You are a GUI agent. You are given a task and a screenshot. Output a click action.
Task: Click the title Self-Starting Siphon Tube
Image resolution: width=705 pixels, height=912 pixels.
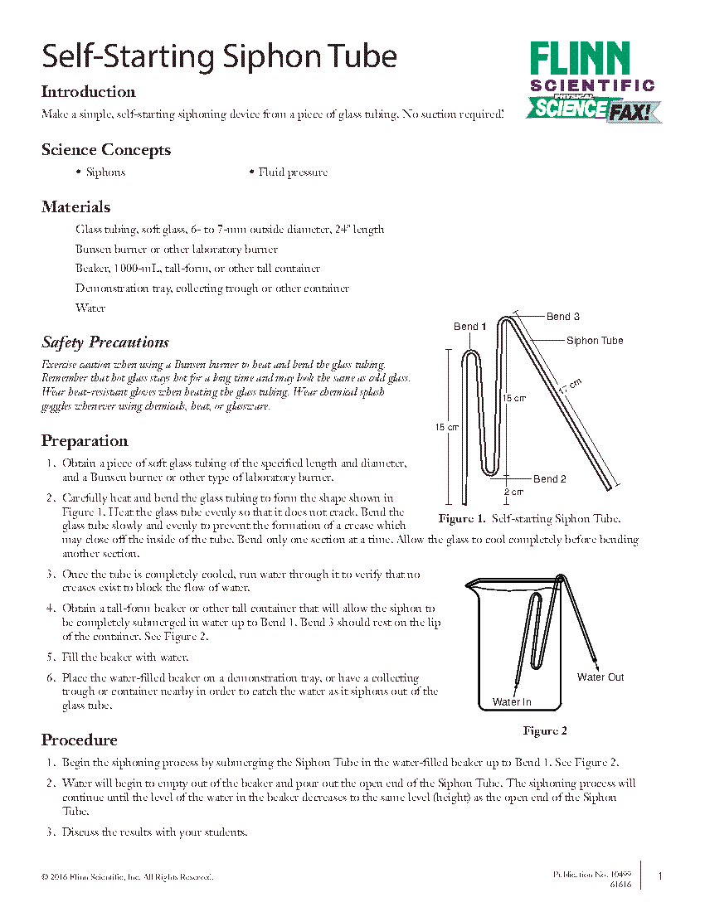[219, 56]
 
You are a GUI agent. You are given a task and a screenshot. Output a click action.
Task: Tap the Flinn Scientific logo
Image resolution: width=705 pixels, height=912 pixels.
[592, 81]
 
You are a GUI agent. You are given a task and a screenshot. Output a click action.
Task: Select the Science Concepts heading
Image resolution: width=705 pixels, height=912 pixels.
[106, 150]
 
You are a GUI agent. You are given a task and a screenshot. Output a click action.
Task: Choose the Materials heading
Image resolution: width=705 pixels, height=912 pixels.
[76, 207]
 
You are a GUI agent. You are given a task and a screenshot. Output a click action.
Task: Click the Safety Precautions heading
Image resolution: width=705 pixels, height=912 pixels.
[105, 342]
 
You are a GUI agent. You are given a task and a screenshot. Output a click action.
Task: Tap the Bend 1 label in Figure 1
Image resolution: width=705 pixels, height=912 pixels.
[469, 327]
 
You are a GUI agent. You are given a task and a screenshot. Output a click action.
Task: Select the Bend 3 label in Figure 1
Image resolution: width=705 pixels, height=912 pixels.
[562, 317]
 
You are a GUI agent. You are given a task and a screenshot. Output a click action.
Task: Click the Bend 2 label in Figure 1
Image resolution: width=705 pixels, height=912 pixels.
[549, 479]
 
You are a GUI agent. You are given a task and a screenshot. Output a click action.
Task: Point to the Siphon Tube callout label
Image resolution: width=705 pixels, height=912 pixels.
[595, 341]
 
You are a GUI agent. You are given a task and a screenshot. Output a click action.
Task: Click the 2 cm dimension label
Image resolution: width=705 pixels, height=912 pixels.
[514, 492]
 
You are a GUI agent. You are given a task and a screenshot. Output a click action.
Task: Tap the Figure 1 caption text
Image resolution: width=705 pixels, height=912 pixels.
[529, 519]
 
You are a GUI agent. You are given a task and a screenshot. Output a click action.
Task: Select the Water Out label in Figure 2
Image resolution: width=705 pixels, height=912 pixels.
[600, 677]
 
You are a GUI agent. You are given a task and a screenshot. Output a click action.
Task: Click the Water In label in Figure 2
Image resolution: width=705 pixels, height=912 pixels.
[512, 702]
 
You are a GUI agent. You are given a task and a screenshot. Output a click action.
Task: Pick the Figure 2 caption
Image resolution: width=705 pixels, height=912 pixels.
[544, 730]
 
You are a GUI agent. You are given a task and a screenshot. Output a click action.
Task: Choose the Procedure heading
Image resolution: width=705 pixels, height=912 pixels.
[80, 740]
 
